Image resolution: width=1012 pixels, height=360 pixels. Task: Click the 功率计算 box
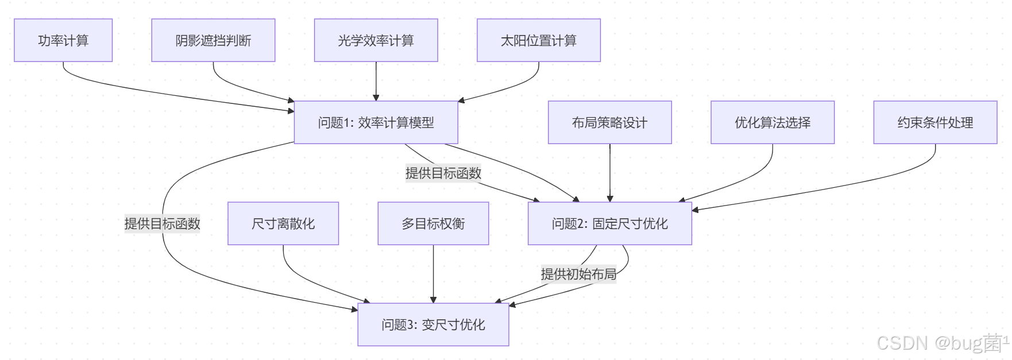[x=63, y=40]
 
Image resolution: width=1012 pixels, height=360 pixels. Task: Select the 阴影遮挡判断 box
[x=213, y=40]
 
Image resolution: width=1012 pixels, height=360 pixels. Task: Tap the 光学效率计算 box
[x=376, y=40]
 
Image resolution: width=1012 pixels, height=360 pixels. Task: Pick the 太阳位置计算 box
[x=539, y=40]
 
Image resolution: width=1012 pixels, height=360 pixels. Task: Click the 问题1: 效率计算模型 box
[x=376, y=122]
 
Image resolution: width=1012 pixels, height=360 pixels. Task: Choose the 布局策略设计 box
[x=610, y=122]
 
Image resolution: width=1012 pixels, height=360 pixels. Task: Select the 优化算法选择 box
[x=772, y=122]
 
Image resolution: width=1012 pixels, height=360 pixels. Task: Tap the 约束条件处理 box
[x=936, y=122]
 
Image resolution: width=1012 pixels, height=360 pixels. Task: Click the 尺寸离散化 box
[x=283, y=223]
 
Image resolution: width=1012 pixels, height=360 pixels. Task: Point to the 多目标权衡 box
[x=434, y=223]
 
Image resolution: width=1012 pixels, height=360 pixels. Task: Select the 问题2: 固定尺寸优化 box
[x=610, y=223]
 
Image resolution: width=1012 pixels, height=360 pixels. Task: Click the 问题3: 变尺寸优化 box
[x=434, y=324]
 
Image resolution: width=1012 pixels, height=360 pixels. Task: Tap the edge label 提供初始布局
[x=578, y=274]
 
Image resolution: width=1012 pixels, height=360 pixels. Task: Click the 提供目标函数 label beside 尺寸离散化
[x=163, y=223]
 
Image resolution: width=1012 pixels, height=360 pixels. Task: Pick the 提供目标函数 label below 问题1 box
[x=443, y=173]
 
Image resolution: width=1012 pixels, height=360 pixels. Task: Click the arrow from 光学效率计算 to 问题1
[x=376, y=81]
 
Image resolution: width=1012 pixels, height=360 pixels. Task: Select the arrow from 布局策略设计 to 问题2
[x=610, y=173]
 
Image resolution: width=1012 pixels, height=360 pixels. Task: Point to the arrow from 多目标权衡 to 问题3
[x=434, y=274]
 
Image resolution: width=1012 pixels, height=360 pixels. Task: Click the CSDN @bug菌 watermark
[x=943, y=343]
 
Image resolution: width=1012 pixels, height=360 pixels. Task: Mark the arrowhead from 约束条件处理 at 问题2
[x=695, y=210]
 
